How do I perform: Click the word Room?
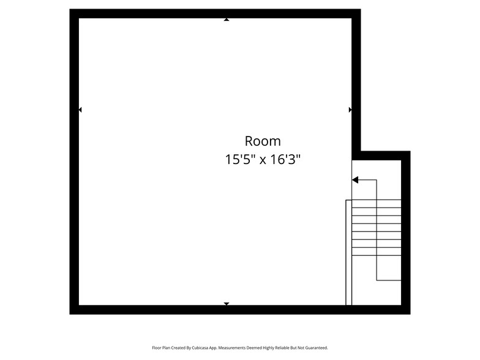click(x=263, y=141)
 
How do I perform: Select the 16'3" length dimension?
click(x=285, y=159)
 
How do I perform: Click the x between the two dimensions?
click(x=263, y=160)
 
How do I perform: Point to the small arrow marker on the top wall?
click(x=227, y=20)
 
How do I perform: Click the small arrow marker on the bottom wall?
click(x=227, y=304)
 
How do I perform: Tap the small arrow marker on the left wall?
click(x=80, y=110)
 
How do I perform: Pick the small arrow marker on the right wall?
click(x=350, y=110)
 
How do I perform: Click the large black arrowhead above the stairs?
click(x=355, y=180)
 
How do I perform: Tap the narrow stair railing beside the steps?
click(x=349, y=252)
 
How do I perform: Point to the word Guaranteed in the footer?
click(x=317, y=348)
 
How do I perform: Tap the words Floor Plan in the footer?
click(x=161, y=348)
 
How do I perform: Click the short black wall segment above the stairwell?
click(x=381, y=156)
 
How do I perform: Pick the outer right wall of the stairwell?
click(x=406, y=233)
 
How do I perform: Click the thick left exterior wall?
click(x=74, y=162)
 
